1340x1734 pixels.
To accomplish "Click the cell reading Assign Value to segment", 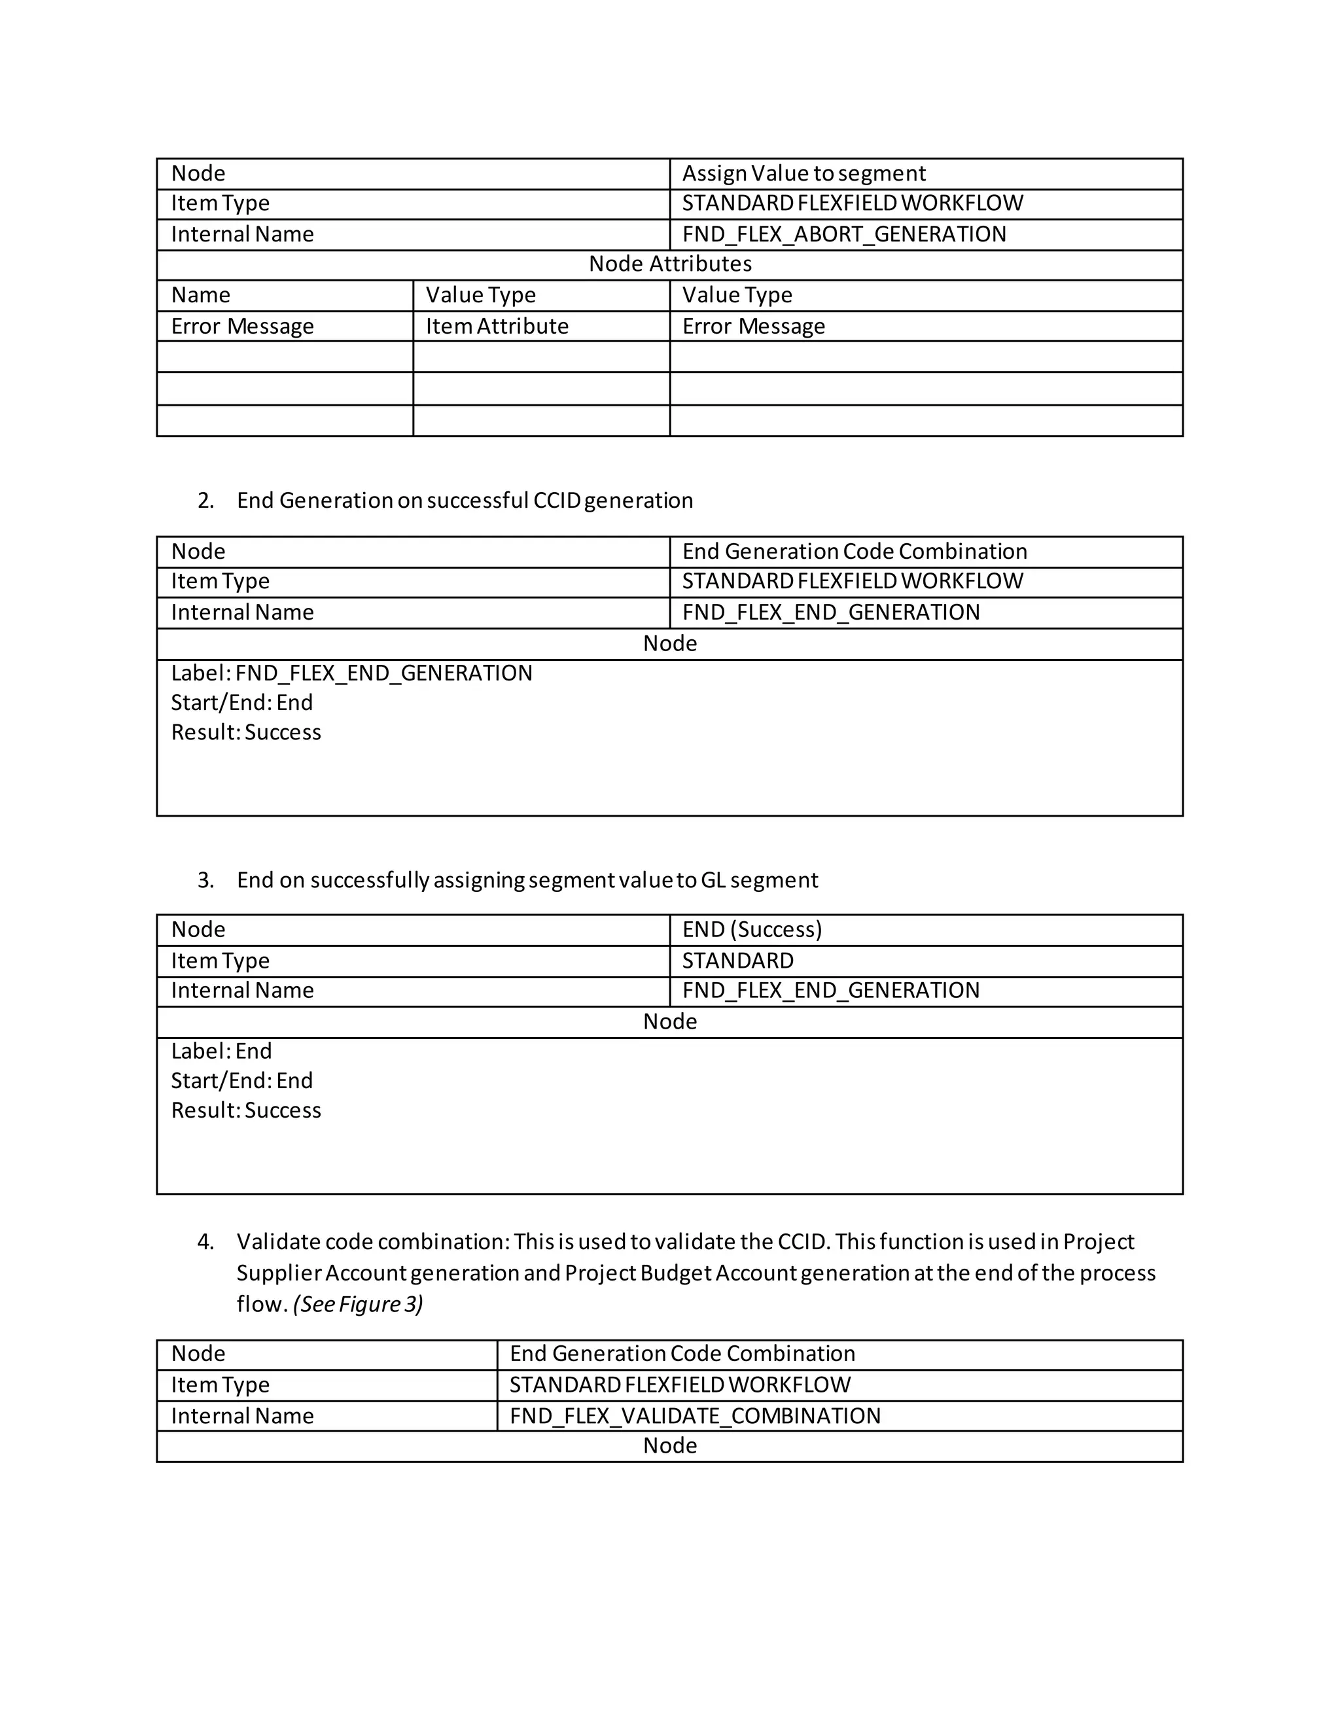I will pos(803,173).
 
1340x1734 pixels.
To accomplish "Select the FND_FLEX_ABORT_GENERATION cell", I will pos(844,234).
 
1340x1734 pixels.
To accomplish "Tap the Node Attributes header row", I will pos(669,264).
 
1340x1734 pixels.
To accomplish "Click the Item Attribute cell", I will pos(497,327).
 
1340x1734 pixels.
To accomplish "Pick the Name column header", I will pos(201,295).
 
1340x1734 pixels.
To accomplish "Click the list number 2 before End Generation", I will pos(205,501).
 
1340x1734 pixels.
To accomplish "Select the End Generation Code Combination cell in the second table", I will pos(854,551).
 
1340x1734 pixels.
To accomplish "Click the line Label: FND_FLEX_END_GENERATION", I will pos(351,673).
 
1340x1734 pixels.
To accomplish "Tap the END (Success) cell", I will pos(752,930).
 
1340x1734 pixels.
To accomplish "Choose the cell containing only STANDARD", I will pos(737,961).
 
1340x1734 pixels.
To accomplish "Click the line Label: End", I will pos(222,1052).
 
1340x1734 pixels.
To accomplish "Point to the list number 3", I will pos(205,881).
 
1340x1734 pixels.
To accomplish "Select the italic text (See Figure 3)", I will pos(357,1305).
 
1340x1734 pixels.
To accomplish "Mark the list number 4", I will pos(205,1242).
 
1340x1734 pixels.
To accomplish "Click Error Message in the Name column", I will pos(242,327).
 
